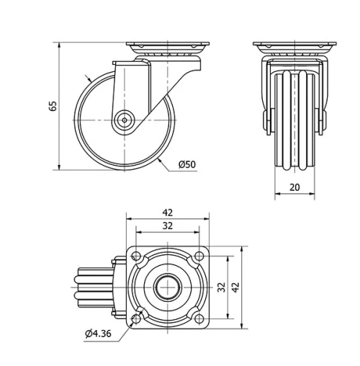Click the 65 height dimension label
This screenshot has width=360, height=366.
[53, 107]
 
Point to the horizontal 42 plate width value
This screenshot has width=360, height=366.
[168, 213]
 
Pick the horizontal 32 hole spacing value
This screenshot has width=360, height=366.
[168, 226]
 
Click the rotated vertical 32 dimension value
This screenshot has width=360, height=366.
[222, 286]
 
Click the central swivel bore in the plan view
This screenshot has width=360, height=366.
[168, 287]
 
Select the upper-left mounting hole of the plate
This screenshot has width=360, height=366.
[137, 255]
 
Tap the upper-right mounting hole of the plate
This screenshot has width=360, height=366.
[199, 255]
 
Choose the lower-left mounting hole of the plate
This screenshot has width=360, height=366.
[137, 317]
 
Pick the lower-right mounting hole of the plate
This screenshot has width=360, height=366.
[199, 317]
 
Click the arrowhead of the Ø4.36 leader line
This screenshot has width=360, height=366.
[133, 320]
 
